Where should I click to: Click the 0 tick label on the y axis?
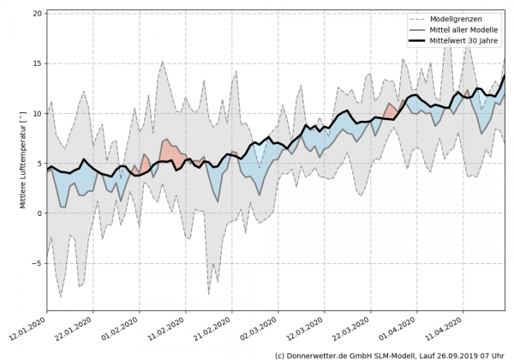point(39,213)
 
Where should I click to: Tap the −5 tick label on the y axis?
point(37,263)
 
